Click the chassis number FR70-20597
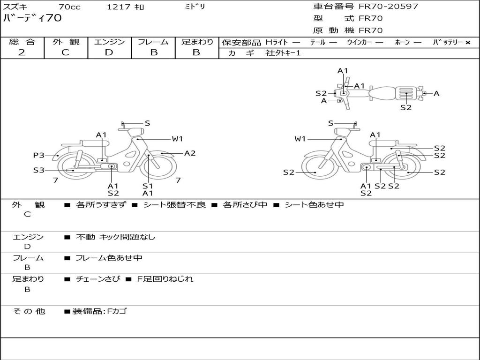[x=388, y=7]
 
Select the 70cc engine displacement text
[x=69, y=7]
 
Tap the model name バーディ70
[x=32, y=18]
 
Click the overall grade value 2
[x=22, y=52]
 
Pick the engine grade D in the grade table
[x=109, y=52]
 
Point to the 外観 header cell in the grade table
[x=66, y=42]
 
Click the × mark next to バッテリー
[x=468, y=43]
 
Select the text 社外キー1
[x=283, y=53]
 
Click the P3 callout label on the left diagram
[x=39, y=155]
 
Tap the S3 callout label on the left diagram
[x=39, y=170]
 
